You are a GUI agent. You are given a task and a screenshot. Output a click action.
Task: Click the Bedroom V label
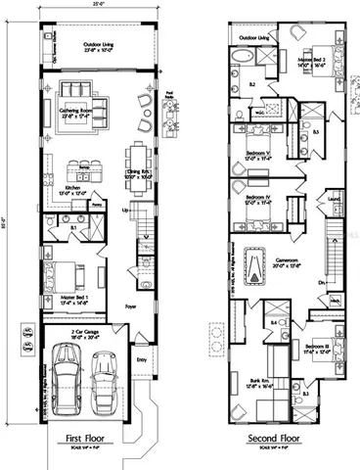(x=257, y=146)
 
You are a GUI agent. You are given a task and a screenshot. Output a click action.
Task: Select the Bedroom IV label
(x=258, y=200)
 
